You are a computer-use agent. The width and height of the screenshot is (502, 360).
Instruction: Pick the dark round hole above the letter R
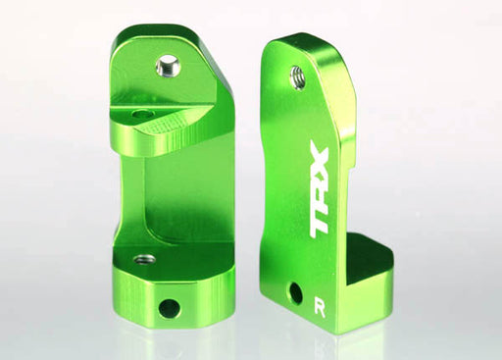295,292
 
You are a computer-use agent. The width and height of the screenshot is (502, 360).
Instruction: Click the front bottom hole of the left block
169,307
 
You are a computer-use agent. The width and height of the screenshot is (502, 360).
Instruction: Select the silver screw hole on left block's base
144,260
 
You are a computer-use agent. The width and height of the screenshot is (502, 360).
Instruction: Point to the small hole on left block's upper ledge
144,115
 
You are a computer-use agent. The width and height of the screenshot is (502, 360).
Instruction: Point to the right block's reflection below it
324,345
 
